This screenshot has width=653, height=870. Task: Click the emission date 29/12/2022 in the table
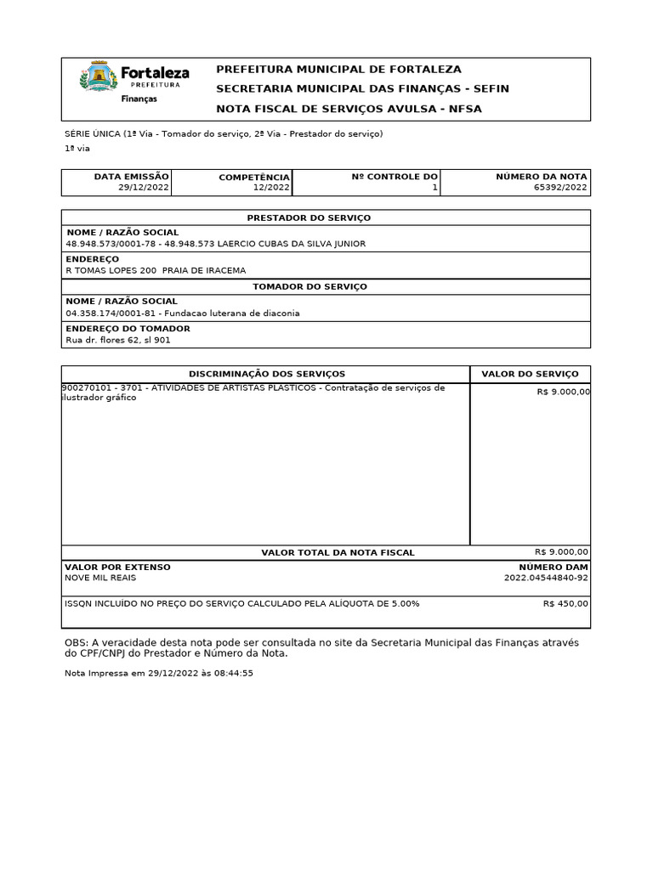[x=144, y=188]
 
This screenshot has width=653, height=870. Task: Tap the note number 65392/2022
[x=560, y=188]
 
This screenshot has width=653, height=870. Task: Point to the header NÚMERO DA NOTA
[x=542, y=177]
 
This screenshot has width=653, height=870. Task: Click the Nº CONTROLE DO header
[x=395, y=177]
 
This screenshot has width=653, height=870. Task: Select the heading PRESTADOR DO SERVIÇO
[x=309, y=217]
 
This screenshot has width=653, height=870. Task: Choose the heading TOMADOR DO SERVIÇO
[x=309, y=286]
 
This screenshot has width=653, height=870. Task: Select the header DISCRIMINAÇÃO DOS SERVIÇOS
[x=266, y=374]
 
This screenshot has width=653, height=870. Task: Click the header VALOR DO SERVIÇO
[x=530, y=374]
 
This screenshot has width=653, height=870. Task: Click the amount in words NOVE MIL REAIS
[x=100, y=578]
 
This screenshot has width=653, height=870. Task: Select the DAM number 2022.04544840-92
[x=545, y=578]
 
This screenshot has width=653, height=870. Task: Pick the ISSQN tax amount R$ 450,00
[x=565, y=603]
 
